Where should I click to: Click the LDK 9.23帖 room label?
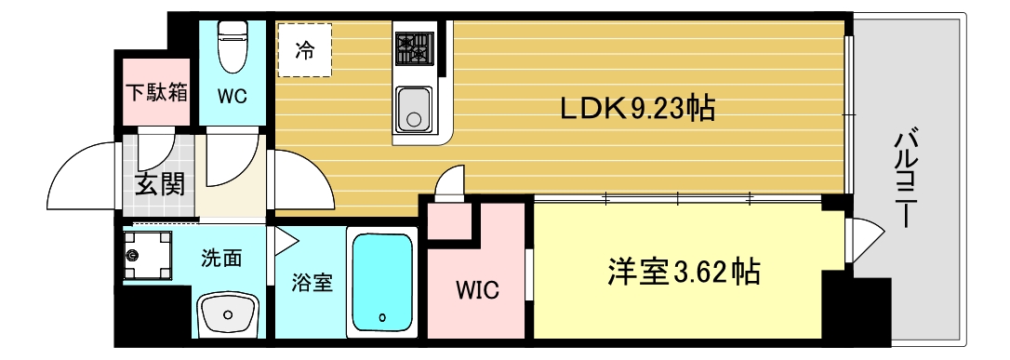click(636, 109)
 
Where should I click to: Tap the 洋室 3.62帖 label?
click(684, 272)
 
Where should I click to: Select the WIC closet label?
click(476, 291)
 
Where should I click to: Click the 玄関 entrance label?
click(159, 183)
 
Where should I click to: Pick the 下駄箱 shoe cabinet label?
click(157, 92)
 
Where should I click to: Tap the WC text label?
click(232, 96)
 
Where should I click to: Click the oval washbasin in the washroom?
click(227, 315)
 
